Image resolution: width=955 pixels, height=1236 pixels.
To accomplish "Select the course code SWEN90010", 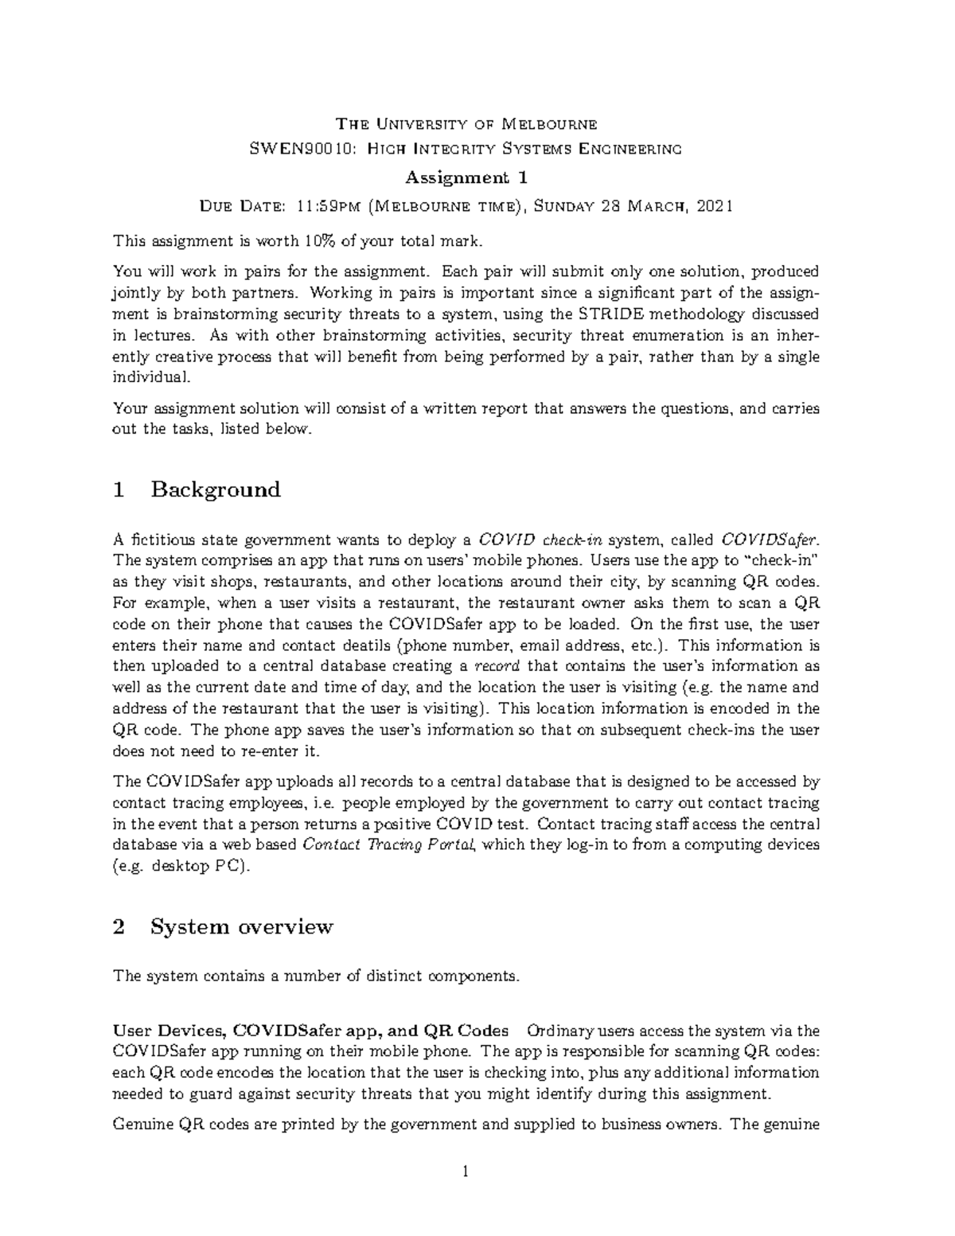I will [x=299, y=148].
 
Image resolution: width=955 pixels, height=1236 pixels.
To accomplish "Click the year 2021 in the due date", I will [x=714, y=207].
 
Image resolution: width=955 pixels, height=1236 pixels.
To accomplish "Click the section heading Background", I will [x=216, y=489].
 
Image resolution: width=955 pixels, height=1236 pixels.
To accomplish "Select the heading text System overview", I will [x=242, y=927].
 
